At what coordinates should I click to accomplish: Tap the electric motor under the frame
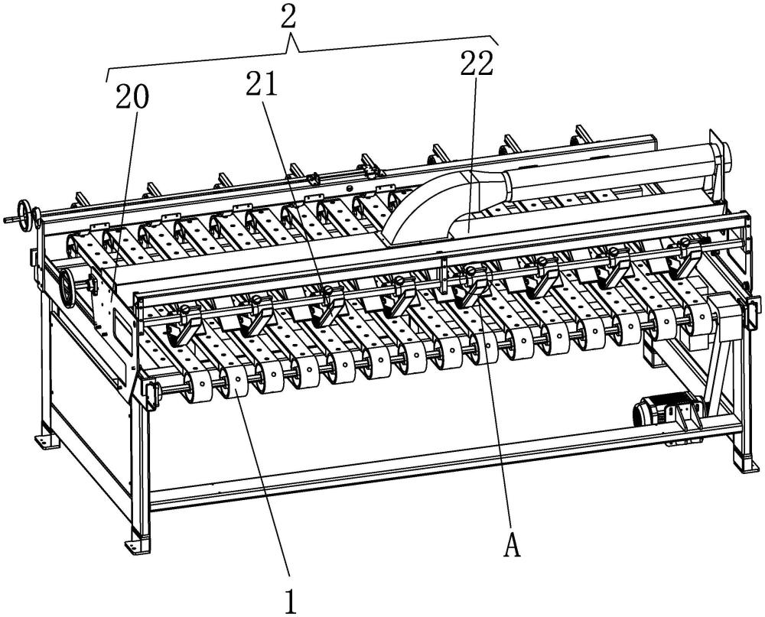pos(667,411)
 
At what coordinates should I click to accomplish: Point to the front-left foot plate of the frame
pos(137,544)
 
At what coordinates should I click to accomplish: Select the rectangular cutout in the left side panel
pos(121,332)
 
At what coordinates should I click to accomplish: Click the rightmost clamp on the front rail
pos(685,258)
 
